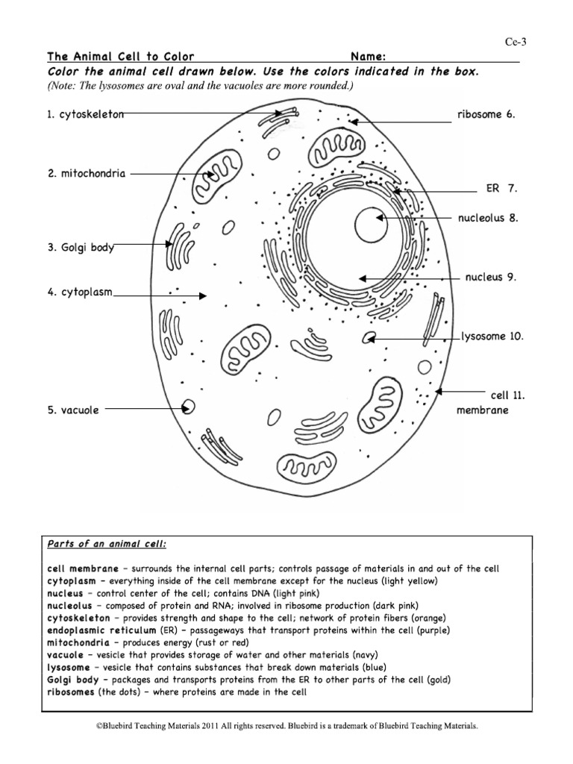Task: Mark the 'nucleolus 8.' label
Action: (487, 218)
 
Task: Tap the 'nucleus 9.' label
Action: (491, 278)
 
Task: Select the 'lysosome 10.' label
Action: (492, 336)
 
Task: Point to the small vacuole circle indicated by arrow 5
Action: (189, 407)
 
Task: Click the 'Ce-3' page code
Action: (516, 43)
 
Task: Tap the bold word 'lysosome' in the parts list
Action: (69, 666)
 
